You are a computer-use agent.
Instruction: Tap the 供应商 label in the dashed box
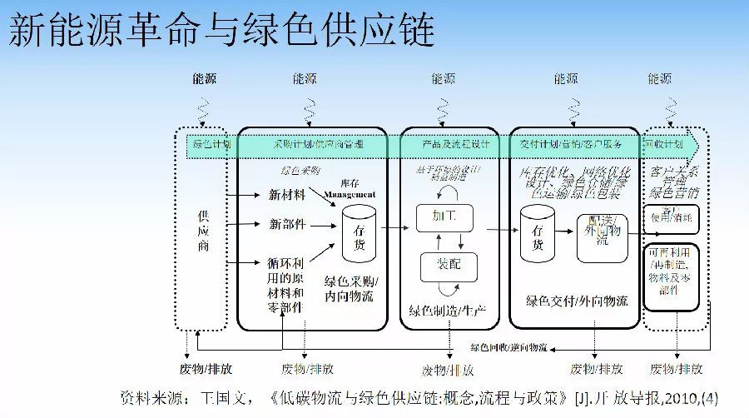[x=202, y=229]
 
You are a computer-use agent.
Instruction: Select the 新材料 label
[x=287, y=195]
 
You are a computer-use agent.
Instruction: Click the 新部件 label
[x=287, y=224]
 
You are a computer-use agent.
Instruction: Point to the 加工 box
[x=444, y=216]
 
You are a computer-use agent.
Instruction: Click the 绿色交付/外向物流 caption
[x=577, y=301]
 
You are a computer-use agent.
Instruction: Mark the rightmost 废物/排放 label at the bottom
[x=676, y=369]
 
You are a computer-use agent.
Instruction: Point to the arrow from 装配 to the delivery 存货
[x=497, y=230]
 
